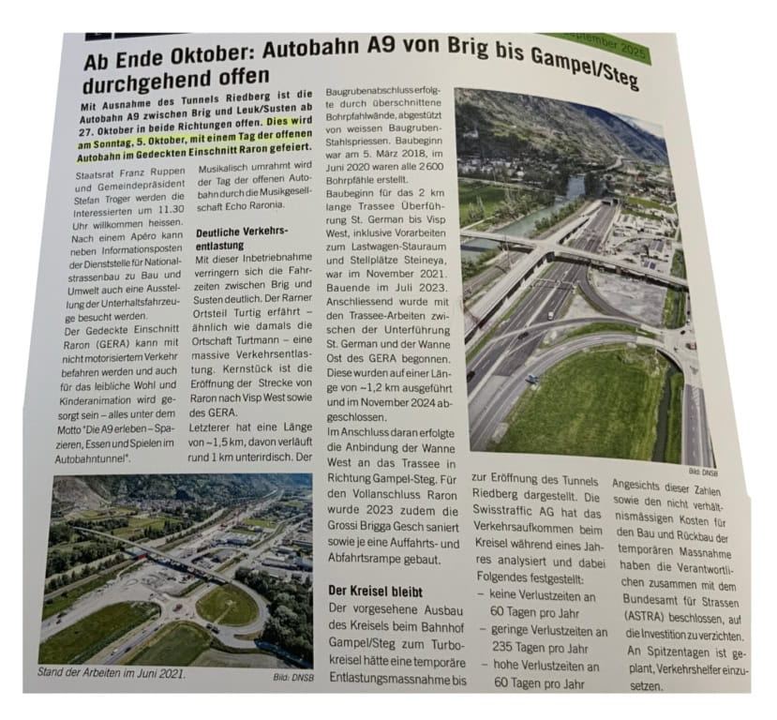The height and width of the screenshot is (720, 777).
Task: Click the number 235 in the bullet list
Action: coord(510,646)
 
